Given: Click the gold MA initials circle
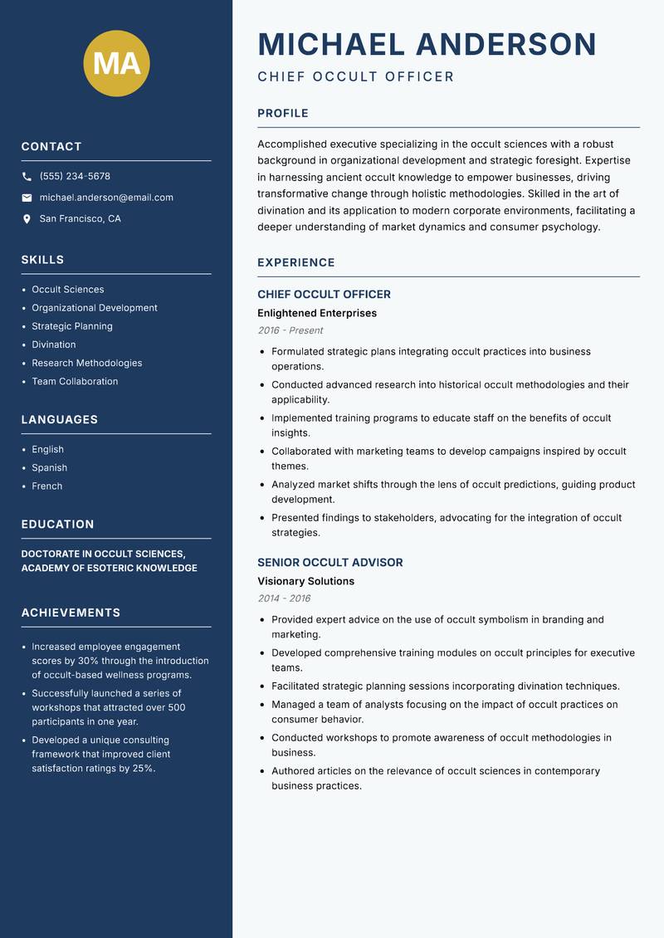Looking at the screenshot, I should (117, 63).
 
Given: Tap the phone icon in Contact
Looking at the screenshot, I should (27, 177).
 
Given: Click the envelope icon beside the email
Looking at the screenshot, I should (27, 198).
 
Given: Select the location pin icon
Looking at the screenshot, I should (27, 219).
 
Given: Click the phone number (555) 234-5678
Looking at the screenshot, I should (75, 177).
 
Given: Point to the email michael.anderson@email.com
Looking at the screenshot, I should (106, 198).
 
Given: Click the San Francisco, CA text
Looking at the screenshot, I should (80, 219).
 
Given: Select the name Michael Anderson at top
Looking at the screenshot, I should (427, 44).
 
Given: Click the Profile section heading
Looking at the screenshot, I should (283, 114).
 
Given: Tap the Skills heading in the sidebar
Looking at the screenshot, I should (42, 260).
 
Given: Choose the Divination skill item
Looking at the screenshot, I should (54, 344).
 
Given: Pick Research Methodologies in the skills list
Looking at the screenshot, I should (87, 363).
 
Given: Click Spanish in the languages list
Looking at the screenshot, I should (50, 467).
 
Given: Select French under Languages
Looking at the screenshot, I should (47, 486).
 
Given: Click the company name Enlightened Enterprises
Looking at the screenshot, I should (317, 313).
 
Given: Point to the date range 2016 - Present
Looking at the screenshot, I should (290, 330).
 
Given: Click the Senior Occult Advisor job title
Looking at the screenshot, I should (330, 562).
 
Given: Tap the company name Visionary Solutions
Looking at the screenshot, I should (306, 581).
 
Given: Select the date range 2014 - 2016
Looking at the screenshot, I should (284, 598).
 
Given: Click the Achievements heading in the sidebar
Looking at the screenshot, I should (71, 613).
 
